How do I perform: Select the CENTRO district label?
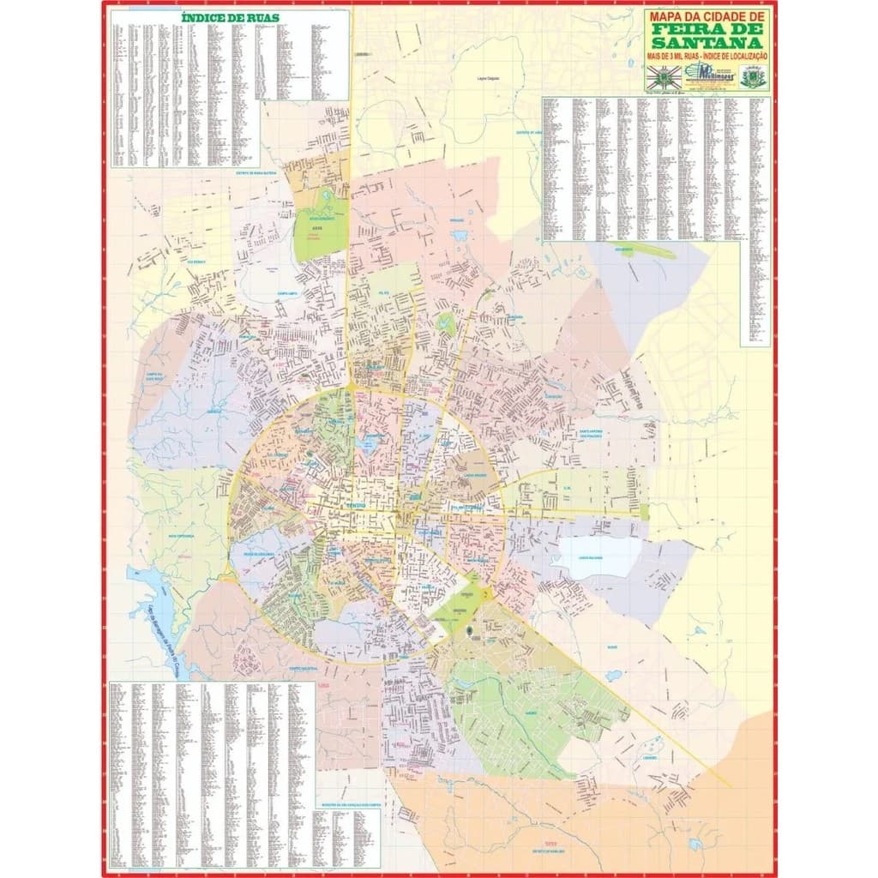pos(355,507)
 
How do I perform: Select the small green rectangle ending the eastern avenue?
pos(644,511)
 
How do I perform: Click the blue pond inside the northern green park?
pos(327,197)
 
